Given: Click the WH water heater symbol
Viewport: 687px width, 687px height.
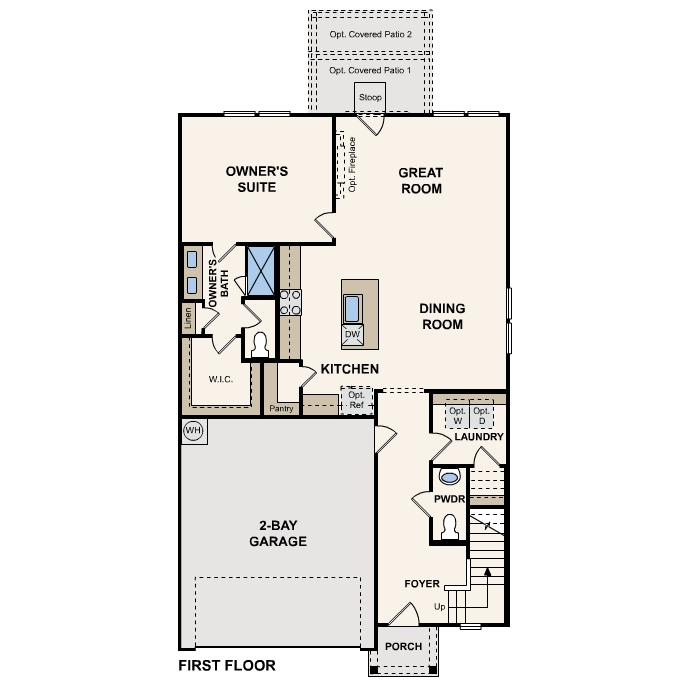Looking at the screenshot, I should [x=193, y=431].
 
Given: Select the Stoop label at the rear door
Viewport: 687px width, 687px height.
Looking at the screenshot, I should [x=370, y=98].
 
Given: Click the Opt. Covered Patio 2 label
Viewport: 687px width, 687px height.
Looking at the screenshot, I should [x=370, y=36].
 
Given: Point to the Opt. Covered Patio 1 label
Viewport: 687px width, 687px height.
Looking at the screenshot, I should [x=370, y=71].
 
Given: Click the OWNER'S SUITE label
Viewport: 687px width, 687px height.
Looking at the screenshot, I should [x=250, y=179].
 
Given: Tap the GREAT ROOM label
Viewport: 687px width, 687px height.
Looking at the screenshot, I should [x=421, y=180].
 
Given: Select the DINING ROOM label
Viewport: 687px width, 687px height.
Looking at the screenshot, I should [x=441, y=316].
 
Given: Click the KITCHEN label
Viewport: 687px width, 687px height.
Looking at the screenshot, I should [x=349, y=369].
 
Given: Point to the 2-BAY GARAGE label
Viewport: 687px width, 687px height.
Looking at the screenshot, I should [x=277, y=533].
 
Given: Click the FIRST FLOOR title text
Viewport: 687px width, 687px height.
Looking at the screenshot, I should [x=226, y=665].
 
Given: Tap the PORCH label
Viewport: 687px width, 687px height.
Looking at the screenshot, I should [x=403, y=646].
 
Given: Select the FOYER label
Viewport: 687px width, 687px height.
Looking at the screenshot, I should [x=422, y=583].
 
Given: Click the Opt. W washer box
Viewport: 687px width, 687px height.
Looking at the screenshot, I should [x=457, y=415].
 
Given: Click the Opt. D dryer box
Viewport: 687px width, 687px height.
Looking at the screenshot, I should [x=482, y=415].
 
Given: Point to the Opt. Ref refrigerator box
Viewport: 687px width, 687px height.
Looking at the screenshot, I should [x=356, y=400].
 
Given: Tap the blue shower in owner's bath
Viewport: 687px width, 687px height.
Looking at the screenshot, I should [x=261, y=270].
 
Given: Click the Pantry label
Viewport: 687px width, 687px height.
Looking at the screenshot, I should [x=281, y=409].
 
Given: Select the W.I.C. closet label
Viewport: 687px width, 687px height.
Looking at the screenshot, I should [x=221, y=380].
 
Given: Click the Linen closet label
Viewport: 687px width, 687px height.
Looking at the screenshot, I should [x=188, y=318].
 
